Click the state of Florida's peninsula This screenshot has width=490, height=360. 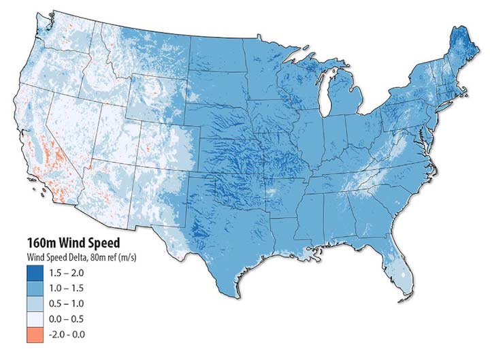tap(399, 269)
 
